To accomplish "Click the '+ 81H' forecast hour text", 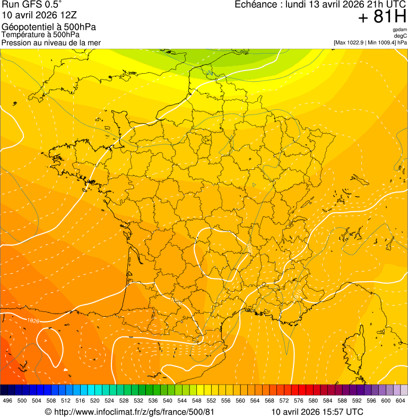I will coord(382,17).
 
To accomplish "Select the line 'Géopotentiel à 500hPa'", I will coord(49,27).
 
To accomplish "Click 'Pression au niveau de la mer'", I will coord(51,42).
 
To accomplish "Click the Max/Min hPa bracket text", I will coord(370,42).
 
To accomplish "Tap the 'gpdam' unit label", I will coord(400,30).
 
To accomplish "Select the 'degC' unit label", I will coord(401,36).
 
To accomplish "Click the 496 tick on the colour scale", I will coord(7,401).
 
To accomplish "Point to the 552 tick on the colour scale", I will coord(211,401).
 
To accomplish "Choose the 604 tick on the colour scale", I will coord(401,401).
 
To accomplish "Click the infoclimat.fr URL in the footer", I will coord(129,412).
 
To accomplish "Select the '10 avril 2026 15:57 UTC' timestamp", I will coord(317,412).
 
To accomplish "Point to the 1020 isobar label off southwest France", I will coord(33,320).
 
